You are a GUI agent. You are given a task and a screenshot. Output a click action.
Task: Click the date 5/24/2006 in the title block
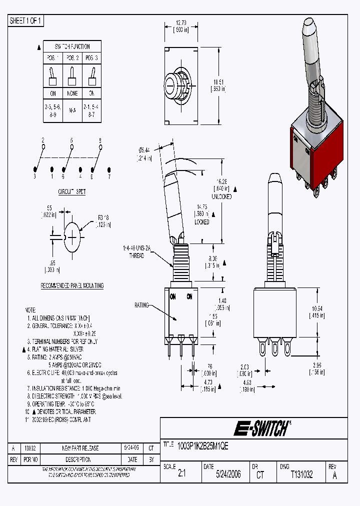[x=228, y=474]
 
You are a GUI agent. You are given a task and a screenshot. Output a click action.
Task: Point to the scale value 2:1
[x=181, y=474]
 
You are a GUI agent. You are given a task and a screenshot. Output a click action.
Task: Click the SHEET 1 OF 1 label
[x=26, y=21]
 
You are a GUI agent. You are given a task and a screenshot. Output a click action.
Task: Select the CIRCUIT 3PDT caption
[x=72, y=191]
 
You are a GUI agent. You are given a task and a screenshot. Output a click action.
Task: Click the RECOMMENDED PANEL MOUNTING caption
[x=72, y=285]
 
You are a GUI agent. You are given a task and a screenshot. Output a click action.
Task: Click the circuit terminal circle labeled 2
[x=43, y=147]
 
